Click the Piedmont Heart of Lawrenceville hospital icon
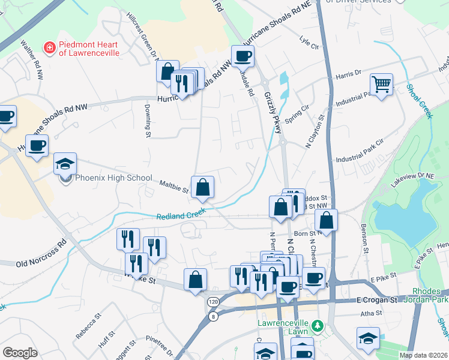49,46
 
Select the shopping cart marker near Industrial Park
381,85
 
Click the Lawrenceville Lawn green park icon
318,327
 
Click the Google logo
20,353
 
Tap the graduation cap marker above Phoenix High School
65,163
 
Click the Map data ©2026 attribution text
423,355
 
